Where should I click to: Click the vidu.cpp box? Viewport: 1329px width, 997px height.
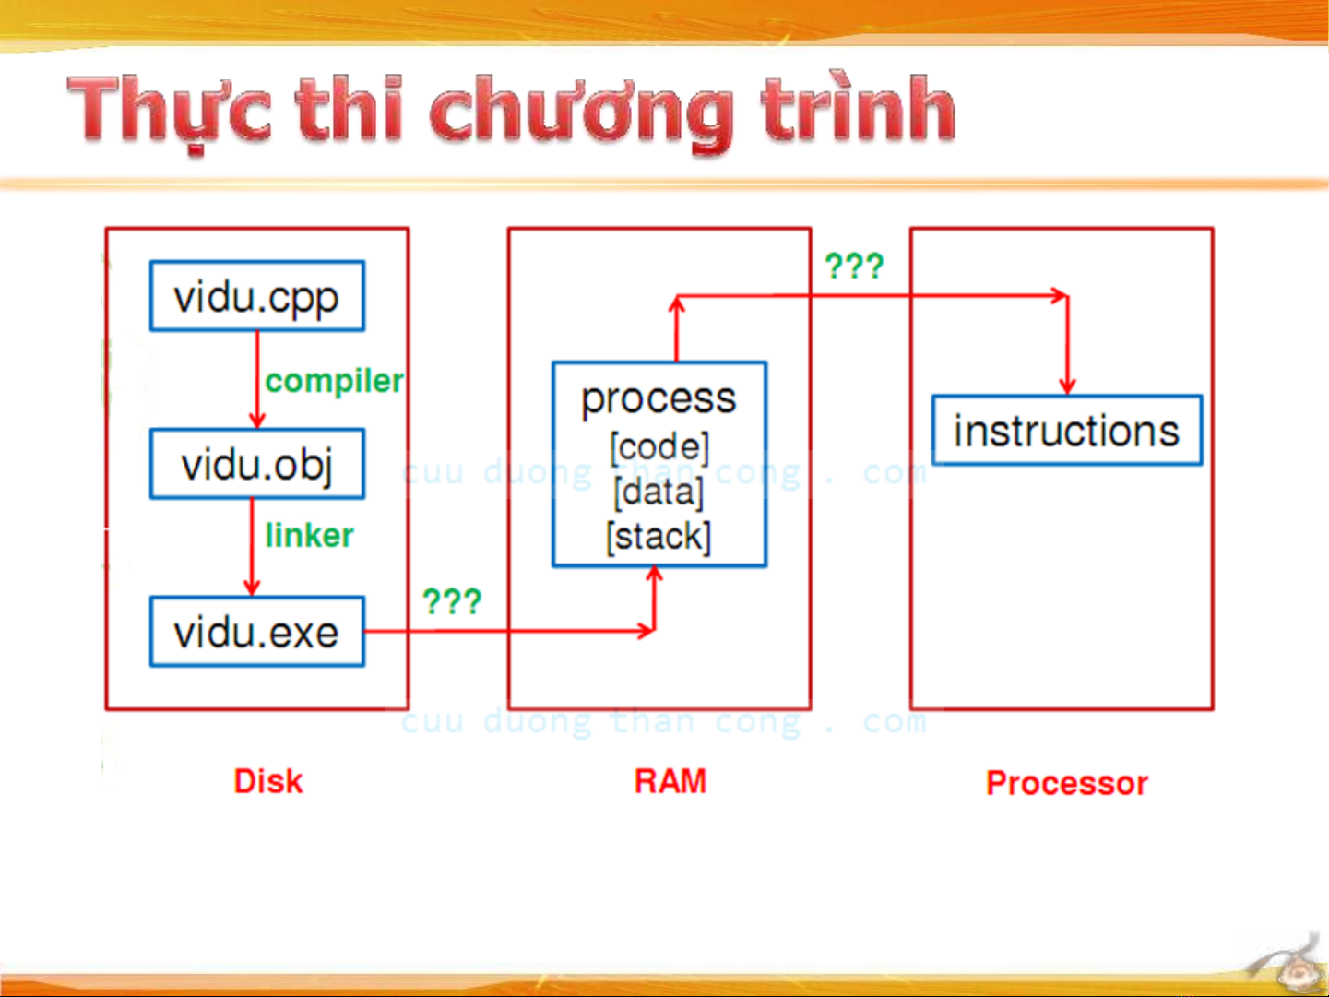click(257, 296)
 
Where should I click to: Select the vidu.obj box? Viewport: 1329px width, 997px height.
click(257, 464)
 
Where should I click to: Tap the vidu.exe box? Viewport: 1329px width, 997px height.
click(257, 632)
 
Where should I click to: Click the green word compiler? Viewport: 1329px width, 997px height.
click(334, 382)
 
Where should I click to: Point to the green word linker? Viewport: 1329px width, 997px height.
click(309, 535)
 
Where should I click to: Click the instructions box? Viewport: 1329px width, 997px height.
click(1067, 430)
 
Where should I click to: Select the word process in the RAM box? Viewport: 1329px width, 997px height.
click(659, 400)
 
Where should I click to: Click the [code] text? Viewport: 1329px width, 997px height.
click(659, 447)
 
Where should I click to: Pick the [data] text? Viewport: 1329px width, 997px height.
click(659, 493)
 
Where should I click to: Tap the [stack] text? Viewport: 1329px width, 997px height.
click(659, 537)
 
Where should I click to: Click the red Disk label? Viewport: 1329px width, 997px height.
click(268, 781)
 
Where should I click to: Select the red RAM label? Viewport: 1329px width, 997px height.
click(670, 781)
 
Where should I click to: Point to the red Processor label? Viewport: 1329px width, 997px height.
click(1067, 783)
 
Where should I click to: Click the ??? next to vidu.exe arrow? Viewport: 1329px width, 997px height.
click(452, 601)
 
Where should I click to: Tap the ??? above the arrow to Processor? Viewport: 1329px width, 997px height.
click(854, 266)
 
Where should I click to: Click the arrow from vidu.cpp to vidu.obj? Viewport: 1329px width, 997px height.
click(257, 380)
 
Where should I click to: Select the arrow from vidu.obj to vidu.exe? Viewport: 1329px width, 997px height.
click(253, 547)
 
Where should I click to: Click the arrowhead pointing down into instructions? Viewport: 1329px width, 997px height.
click(1067, 386)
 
